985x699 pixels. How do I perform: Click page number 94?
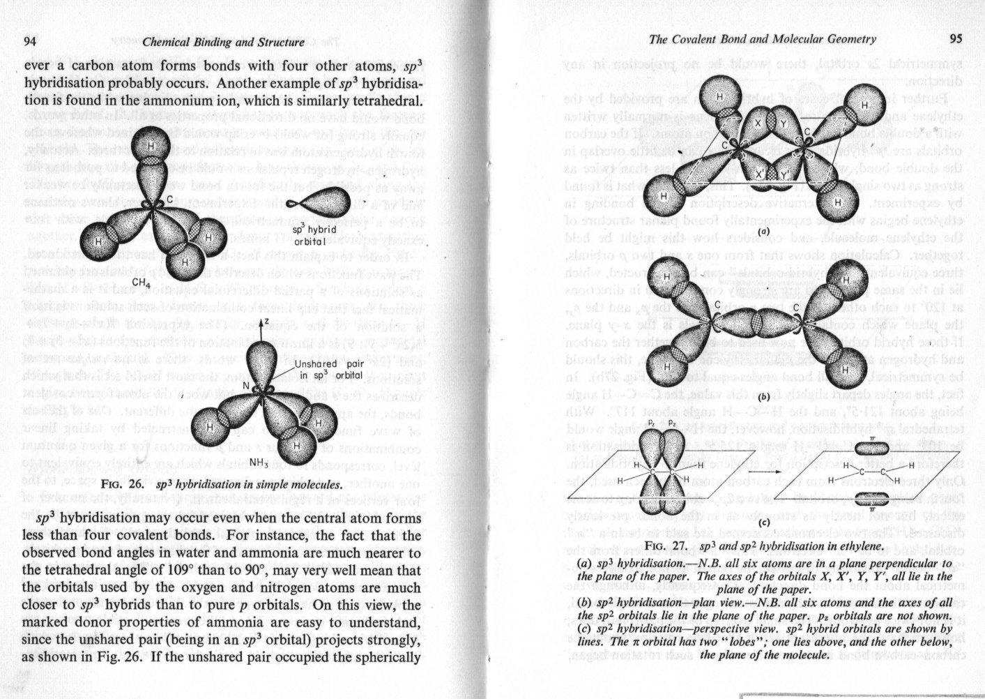(x=30, y=42)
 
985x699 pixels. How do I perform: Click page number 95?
(x=955, y=38)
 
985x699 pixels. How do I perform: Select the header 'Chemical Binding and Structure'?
(x=223, y=43)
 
